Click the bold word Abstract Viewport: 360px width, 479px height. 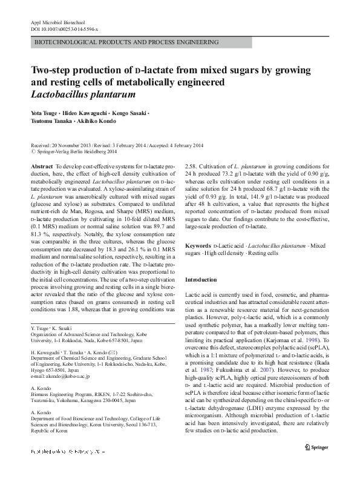pos(41,165)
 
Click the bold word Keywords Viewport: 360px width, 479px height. pos(198,245)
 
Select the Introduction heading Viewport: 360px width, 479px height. pos(200,280)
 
